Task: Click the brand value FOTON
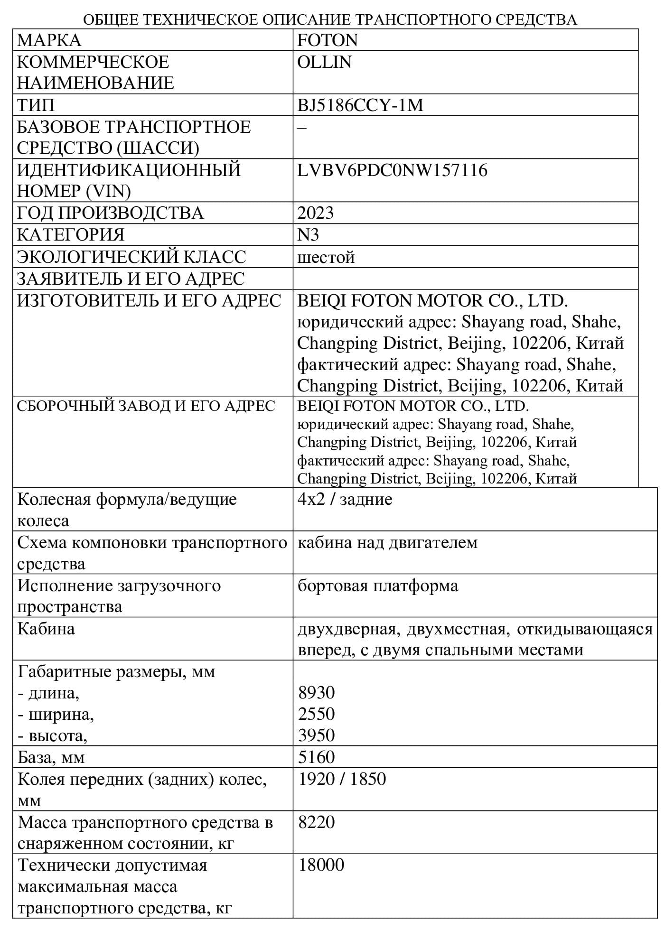pos(327,40)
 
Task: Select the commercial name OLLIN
pos(324,62)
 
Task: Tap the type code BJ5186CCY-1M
pos(360,105)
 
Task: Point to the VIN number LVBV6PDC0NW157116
pos(392,170)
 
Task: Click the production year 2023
pos(316,213)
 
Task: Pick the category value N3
pos(308,235)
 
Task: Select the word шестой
pos(326,257)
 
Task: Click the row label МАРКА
pos(49,40)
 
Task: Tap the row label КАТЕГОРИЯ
pos(70,235)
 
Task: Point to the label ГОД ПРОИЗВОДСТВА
pos(110,213)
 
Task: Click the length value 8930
pos(317,693)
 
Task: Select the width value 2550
pos(317,714)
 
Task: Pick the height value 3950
pos(317,735)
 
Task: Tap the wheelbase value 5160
pos(317,757)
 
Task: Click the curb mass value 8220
pos(317,822)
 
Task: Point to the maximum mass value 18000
pos(321,865)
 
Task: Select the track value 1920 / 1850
pos(342,779)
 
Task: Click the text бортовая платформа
pos(378,586)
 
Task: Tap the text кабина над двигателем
pos(387,542)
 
